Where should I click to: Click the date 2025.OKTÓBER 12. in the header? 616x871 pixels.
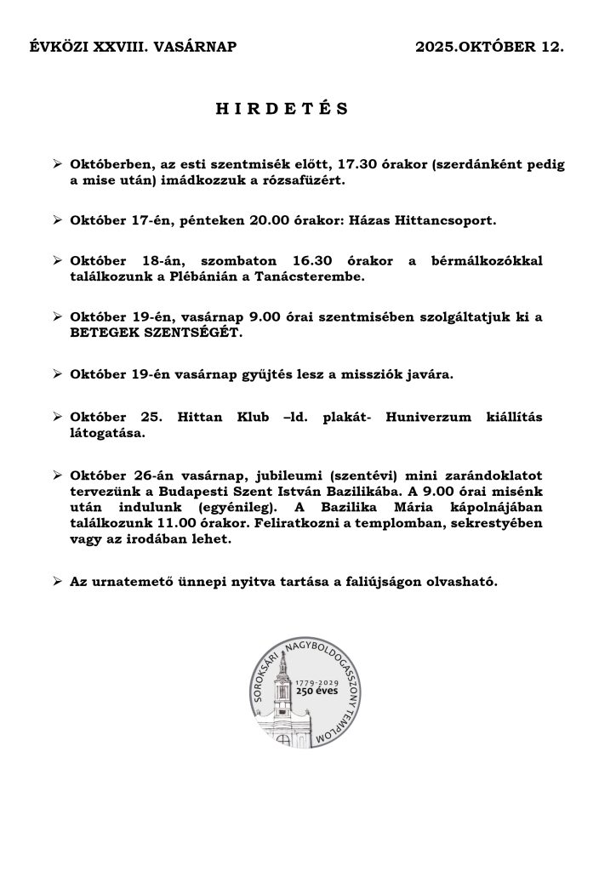[489, 48]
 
